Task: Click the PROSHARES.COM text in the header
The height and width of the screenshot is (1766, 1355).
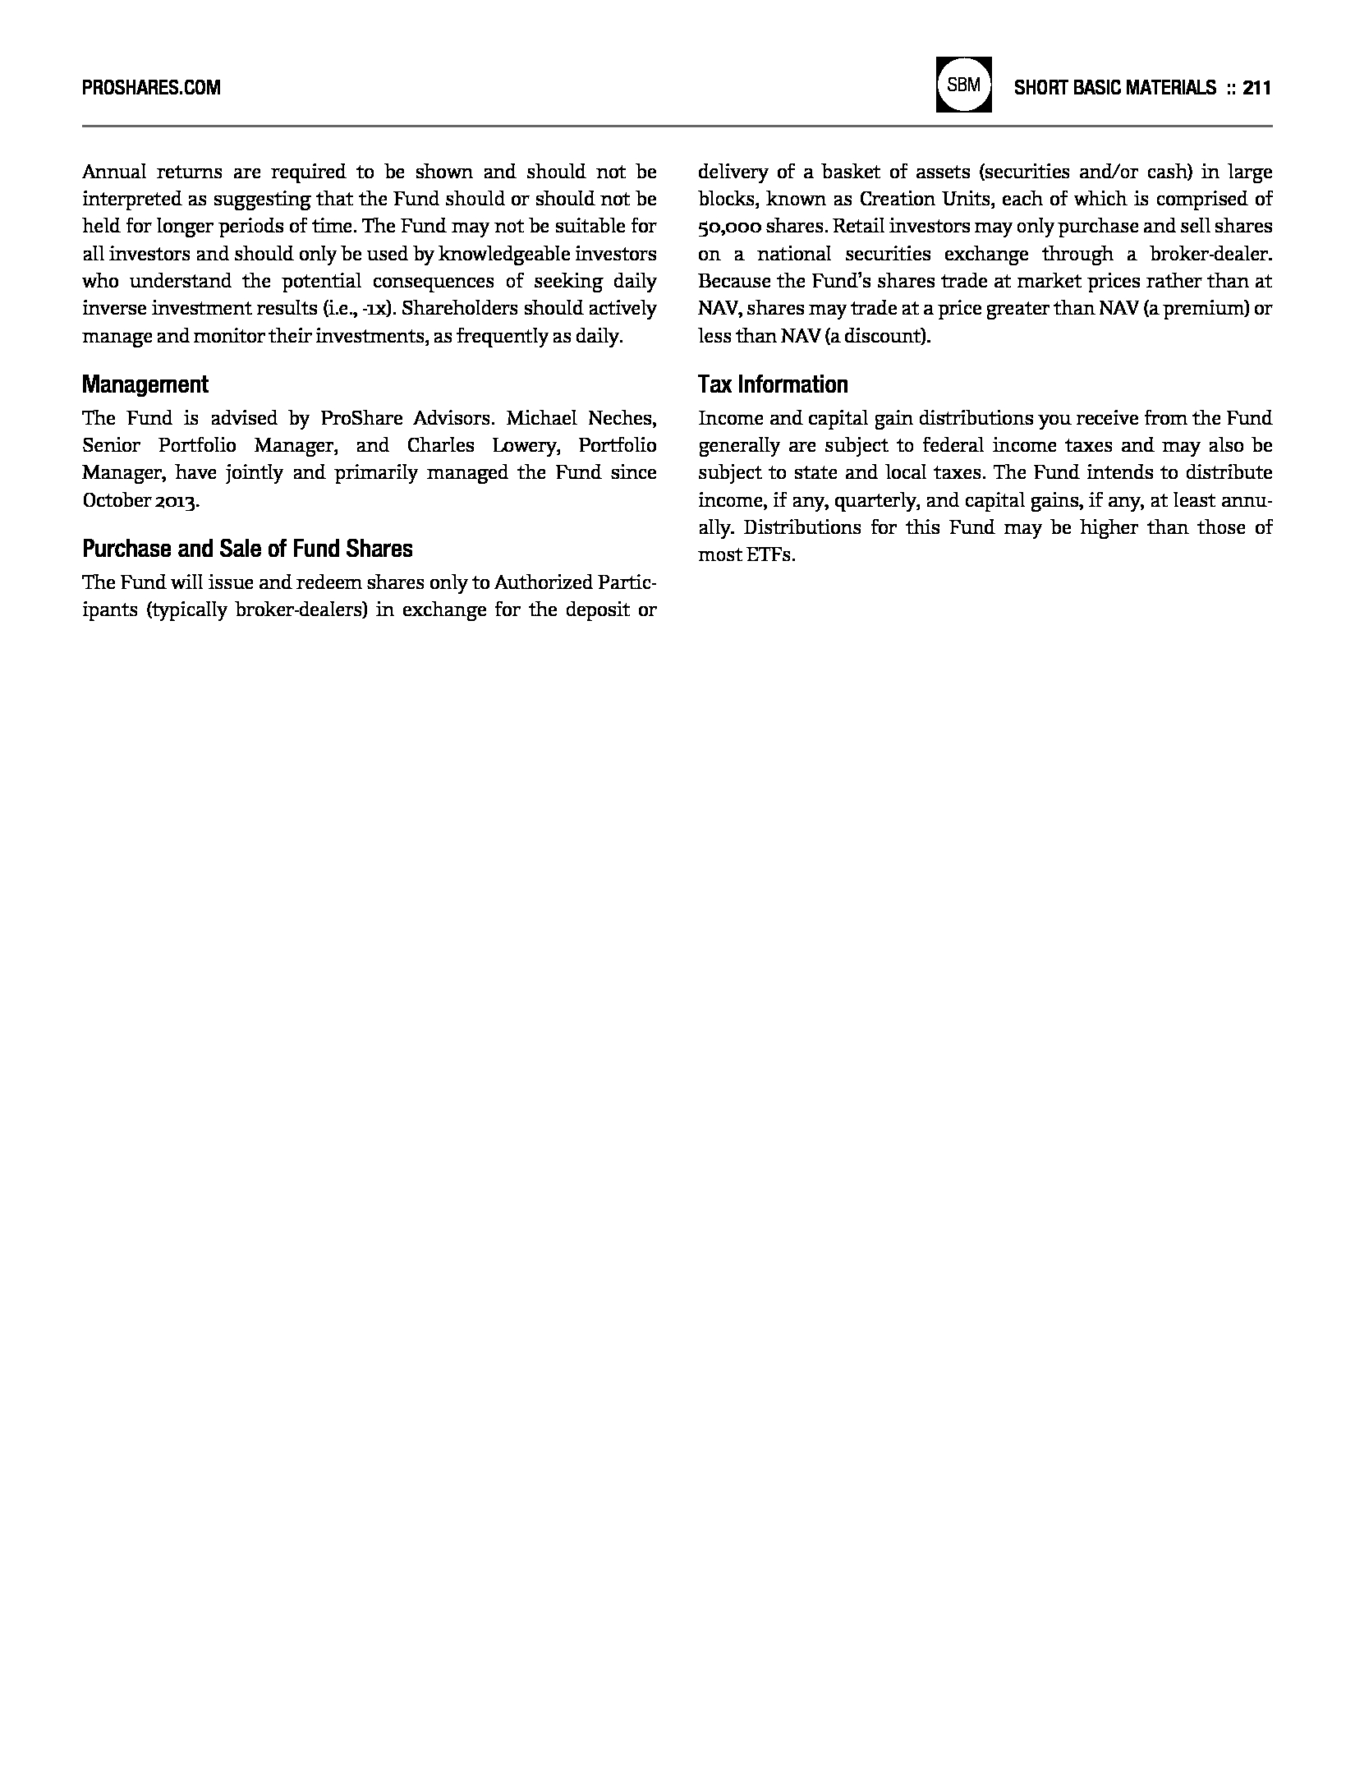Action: [x=151, y=87]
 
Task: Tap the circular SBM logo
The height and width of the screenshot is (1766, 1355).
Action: [x=963, y=85]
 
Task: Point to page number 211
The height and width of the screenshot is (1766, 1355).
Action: [x=1256, y=87]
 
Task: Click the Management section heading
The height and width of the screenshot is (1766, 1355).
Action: [x=145, y=384]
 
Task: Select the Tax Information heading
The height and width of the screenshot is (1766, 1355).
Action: [x=773, y=384]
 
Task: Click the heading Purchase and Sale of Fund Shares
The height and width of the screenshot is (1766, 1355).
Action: [x=247, y=549]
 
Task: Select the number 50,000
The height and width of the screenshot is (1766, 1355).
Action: [x=728, y=227]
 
